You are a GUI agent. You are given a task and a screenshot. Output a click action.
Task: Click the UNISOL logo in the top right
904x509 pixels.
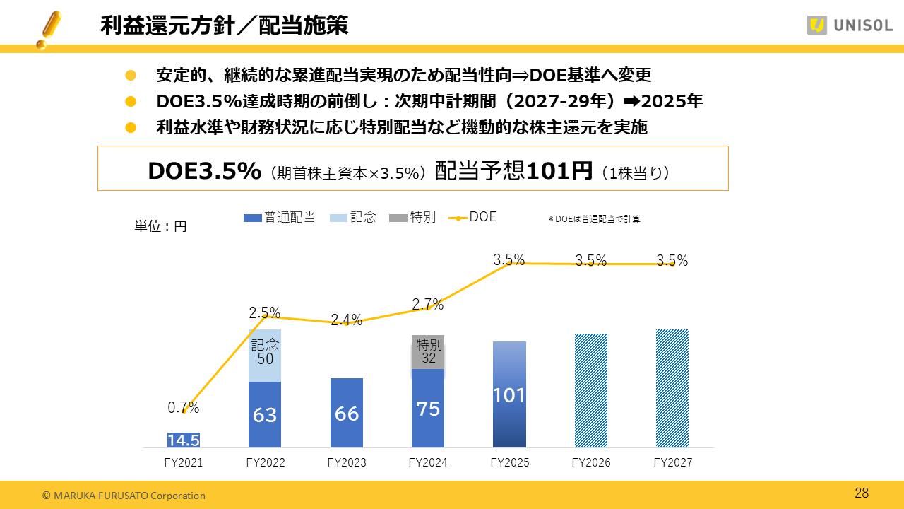point(850,25)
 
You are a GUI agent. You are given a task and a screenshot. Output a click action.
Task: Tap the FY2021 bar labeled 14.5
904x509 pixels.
point(184,440)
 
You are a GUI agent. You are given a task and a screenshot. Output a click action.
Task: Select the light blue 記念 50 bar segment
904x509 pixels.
point(265,355)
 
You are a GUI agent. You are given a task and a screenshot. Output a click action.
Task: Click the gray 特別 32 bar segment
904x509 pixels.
point(428,351)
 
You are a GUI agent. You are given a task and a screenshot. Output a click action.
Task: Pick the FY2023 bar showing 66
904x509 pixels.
point(347,413)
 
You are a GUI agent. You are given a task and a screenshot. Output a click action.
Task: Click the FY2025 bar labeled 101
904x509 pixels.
point(509,394)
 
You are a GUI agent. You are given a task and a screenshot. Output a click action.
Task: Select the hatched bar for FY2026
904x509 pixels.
point(591,390)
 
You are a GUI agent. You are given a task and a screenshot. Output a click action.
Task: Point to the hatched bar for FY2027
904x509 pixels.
point(672,388)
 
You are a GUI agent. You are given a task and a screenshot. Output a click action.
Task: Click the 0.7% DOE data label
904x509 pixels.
point(183,408)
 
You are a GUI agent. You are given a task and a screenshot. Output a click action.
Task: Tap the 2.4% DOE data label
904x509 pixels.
point(346,320)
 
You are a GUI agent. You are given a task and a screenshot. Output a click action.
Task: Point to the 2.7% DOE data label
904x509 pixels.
point(428,305)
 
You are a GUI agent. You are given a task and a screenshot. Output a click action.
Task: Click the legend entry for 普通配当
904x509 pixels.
point(280,218)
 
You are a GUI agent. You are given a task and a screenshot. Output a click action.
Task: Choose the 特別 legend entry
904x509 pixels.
point(413,218)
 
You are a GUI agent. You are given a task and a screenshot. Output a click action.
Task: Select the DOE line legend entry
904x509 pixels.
point(473,217)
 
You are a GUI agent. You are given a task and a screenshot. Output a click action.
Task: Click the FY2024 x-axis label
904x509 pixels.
point(428,463)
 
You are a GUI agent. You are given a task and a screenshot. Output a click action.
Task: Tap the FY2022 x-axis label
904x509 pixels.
point(265,463)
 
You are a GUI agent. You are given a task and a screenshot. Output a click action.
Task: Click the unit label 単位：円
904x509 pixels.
point(160,227)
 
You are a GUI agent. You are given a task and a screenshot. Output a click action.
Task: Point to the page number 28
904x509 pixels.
point(862,493)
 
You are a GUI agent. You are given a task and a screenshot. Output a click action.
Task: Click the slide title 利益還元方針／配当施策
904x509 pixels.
point(224,26)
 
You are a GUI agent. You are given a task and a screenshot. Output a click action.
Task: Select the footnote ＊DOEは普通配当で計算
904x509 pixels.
point(594,219)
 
